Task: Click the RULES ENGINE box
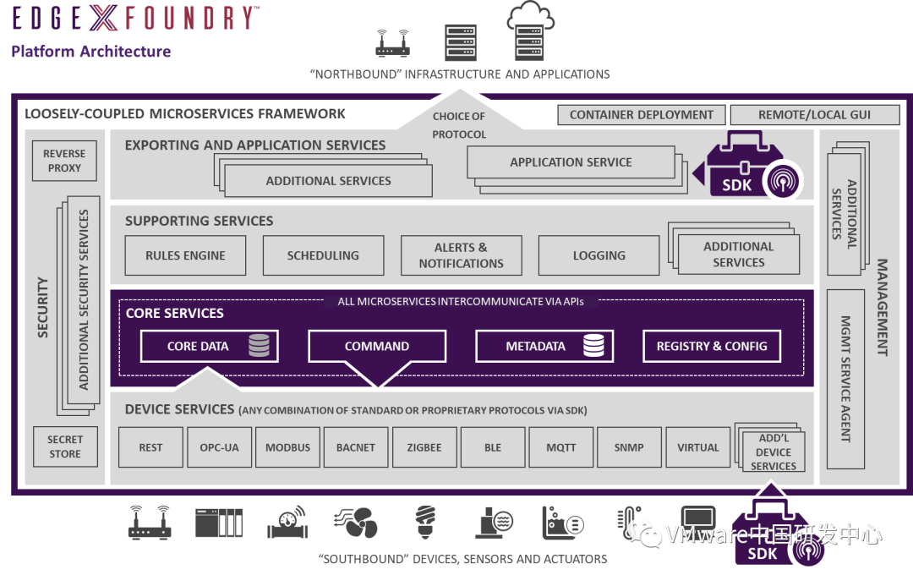(x=185, y=255)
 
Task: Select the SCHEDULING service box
(x=323, y=255)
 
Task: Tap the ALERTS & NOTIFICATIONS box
(x=461, y=255)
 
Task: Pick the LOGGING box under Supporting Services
(x=599, y=255)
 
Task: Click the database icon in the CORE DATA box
(x=259, y=345)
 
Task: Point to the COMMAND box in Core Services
(x=377, y=346)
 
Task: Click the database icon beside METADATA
(x=594, y=345)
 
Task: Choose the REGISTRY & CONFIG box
(x=712, y=346)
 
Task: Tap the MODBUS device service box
(x=287, y=447)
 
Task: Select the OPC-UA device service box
(x=219, y=447)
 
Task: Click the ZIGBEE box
(x=424, y=447)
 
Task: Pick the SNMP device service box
(x=629, y=447)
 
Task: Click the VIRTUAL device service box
(x=698, y=447)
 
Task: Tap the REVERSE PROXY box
(x=65, y=161)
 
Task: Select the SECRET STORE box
(x=65, y=446)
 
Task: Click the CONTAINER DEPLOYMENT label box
(x=642, y=115)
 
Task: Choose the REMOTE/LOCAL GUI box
(x=815, y=115)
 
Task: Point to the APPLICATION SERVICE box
(x=571, y=162)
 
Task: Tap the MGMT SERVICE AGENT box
(x=845, y=379)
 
